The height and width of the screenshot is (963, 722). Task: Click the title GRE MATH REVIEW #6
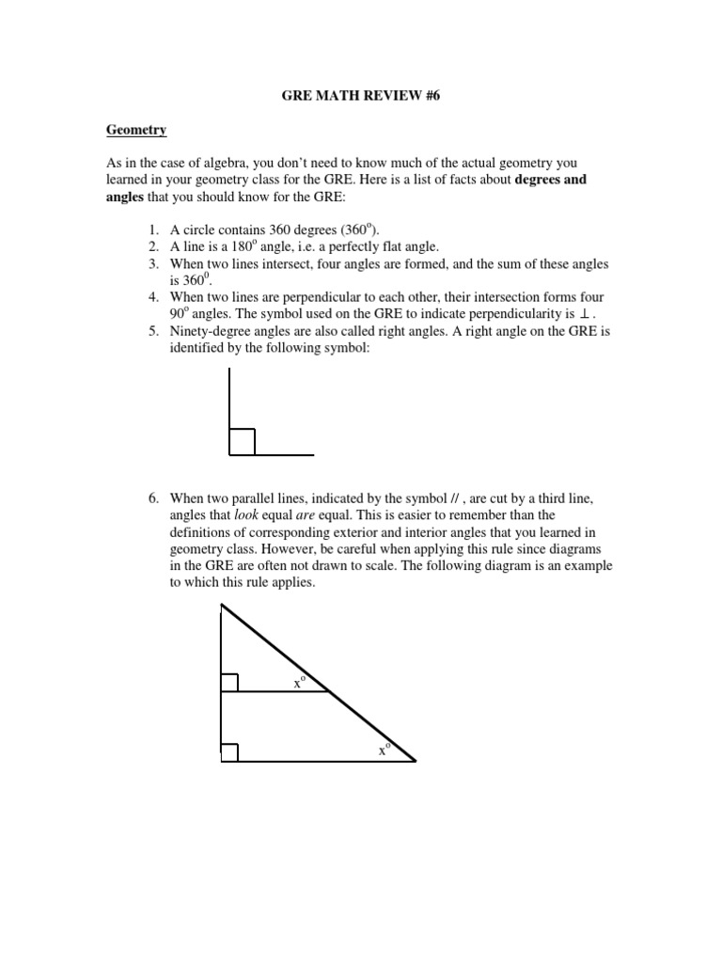click(362, 96)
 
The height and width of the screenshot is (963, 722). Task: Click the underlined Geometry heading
click(135, 131)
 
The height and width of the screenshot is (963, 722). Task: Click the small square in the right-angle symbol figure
click(242, 442)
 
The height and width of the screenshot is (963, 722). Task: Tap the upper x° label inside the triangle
click(299, 683)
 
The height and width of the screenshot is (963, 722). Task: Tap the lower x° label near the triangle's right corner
click(385, 750)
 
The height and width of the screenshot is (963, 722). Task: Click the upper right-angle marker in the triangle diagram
click(229, 682)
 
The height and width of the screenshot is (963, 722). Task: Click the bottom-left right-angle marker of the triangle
click(229, 752)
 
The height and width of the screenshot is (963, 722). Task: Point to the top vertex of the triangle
click(222, 608)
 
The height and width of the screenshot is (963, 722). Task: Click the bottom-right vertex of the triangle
click(414, 761)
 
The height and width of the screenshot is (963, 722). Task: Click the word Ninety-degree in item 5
click(210, 330)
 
